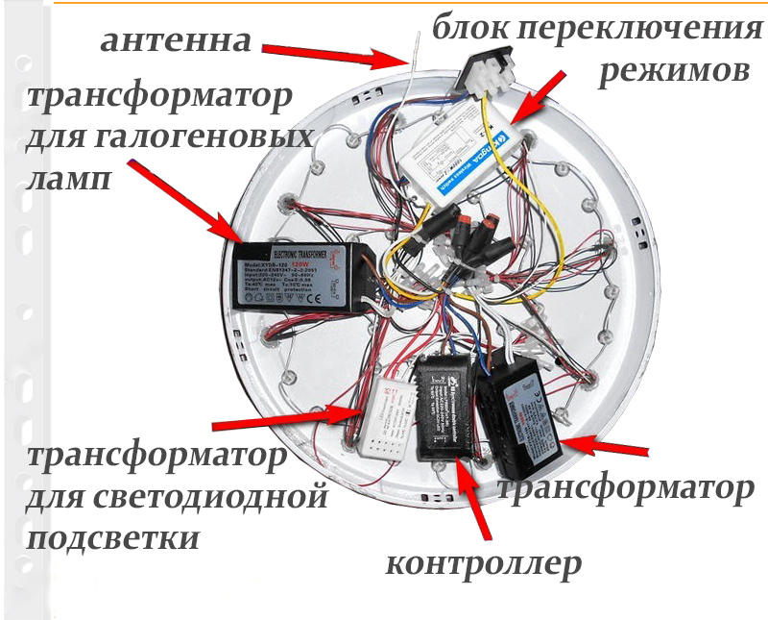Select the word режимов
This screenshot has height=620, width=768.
coord(672,72)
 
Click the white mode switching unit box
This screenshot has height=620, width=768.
coord(469,159)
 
